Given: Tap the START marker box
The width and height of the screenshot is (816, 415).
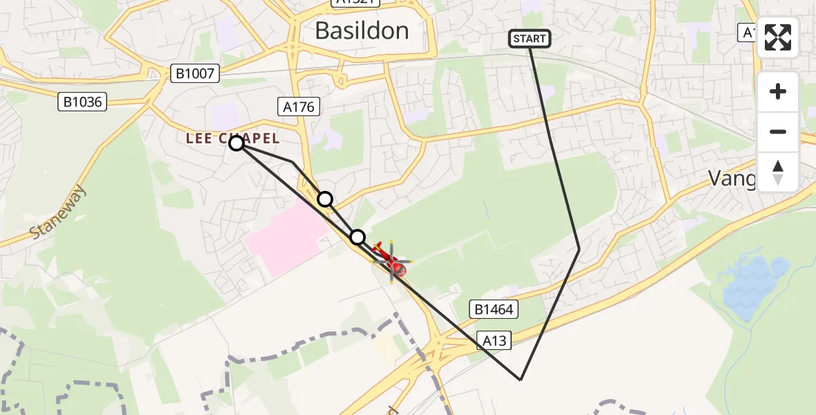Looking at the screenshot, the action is (530, 39).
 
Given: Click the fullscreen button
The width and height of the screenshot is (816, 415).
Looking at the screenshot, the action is (778, 37).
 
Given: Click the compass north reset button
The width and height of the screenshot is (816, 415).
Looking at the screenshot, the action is (778, 172).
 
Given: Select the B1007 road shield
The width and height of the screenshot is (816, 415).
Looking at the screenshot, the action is (196, 73).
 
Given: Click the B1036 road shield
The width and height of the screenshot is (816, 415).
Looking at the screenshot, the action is (82, 102).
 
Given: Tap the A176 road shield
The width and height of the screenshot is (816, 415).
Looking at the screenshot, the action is (299, 107).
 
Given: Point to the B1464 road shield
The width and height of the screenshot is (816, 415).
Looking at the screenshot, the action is (494, 309).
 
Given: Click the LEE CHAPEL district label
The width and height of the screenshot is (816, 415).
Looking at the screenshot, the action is (232, 138).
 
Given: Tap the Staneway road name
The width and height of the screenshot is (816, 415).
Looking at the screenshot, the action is (59, 213).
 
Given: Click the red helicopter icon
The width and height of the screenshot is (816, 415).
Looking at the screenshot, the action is (390, 261).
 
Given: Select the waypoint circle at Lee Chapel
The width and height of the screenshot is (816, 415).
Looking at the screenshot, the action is (237, 143).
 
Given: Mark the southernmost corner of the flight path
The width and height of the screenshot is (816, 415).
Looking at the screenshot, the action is (521, 379).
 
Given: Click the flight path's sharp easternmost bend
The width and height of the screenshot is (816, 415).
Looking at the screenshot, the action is (579, 249).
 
